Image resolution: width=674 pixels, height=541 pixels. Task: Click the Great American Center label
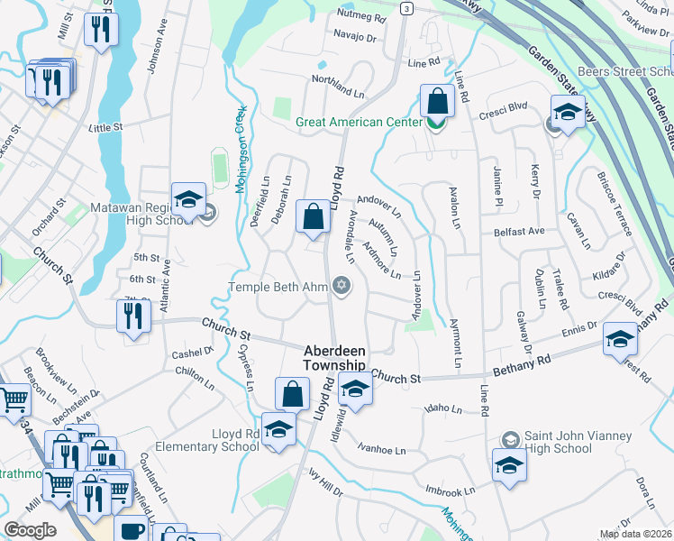click(360, 122)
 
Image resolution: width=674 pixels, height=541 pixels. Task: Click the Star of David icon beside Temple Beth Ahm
click(341, 287)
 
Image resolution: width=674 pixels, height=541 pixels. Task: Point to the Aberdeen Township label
click(334, 358)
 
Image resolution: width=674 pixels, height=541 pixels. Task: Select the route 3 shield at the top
click(407, 8)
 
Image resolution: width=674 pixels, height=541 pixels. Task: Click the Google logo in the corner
click(29, 529)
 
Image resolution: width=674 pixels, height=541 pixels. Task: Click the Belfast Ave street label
click(520, 232)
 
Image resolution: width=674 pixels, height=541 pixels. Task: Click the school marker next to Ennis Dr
click(619, 339)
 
